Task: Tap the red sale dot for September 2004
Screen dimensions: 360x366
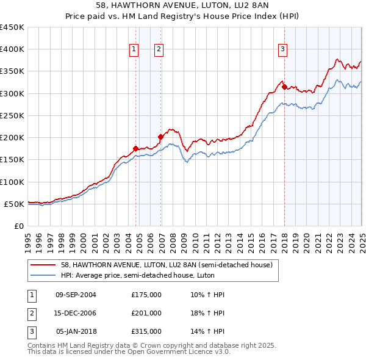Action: point(135,148)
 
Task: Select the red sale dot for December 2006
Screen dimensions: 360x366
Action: point(160,137)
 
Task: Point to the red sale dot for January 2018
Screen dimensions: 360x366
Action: point(284,87)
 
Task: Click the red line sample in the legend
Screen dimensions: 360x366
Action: point(43,265)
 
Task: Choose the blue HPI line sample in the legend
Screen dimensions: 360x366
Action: point(43,275)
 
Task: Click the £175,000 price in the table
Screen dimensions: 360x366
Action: point(146,295)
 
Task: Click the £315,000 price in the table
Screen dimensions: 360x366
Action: point(146,331)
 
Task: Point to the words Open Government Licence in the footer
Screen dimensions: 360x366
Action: point(184,352)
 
